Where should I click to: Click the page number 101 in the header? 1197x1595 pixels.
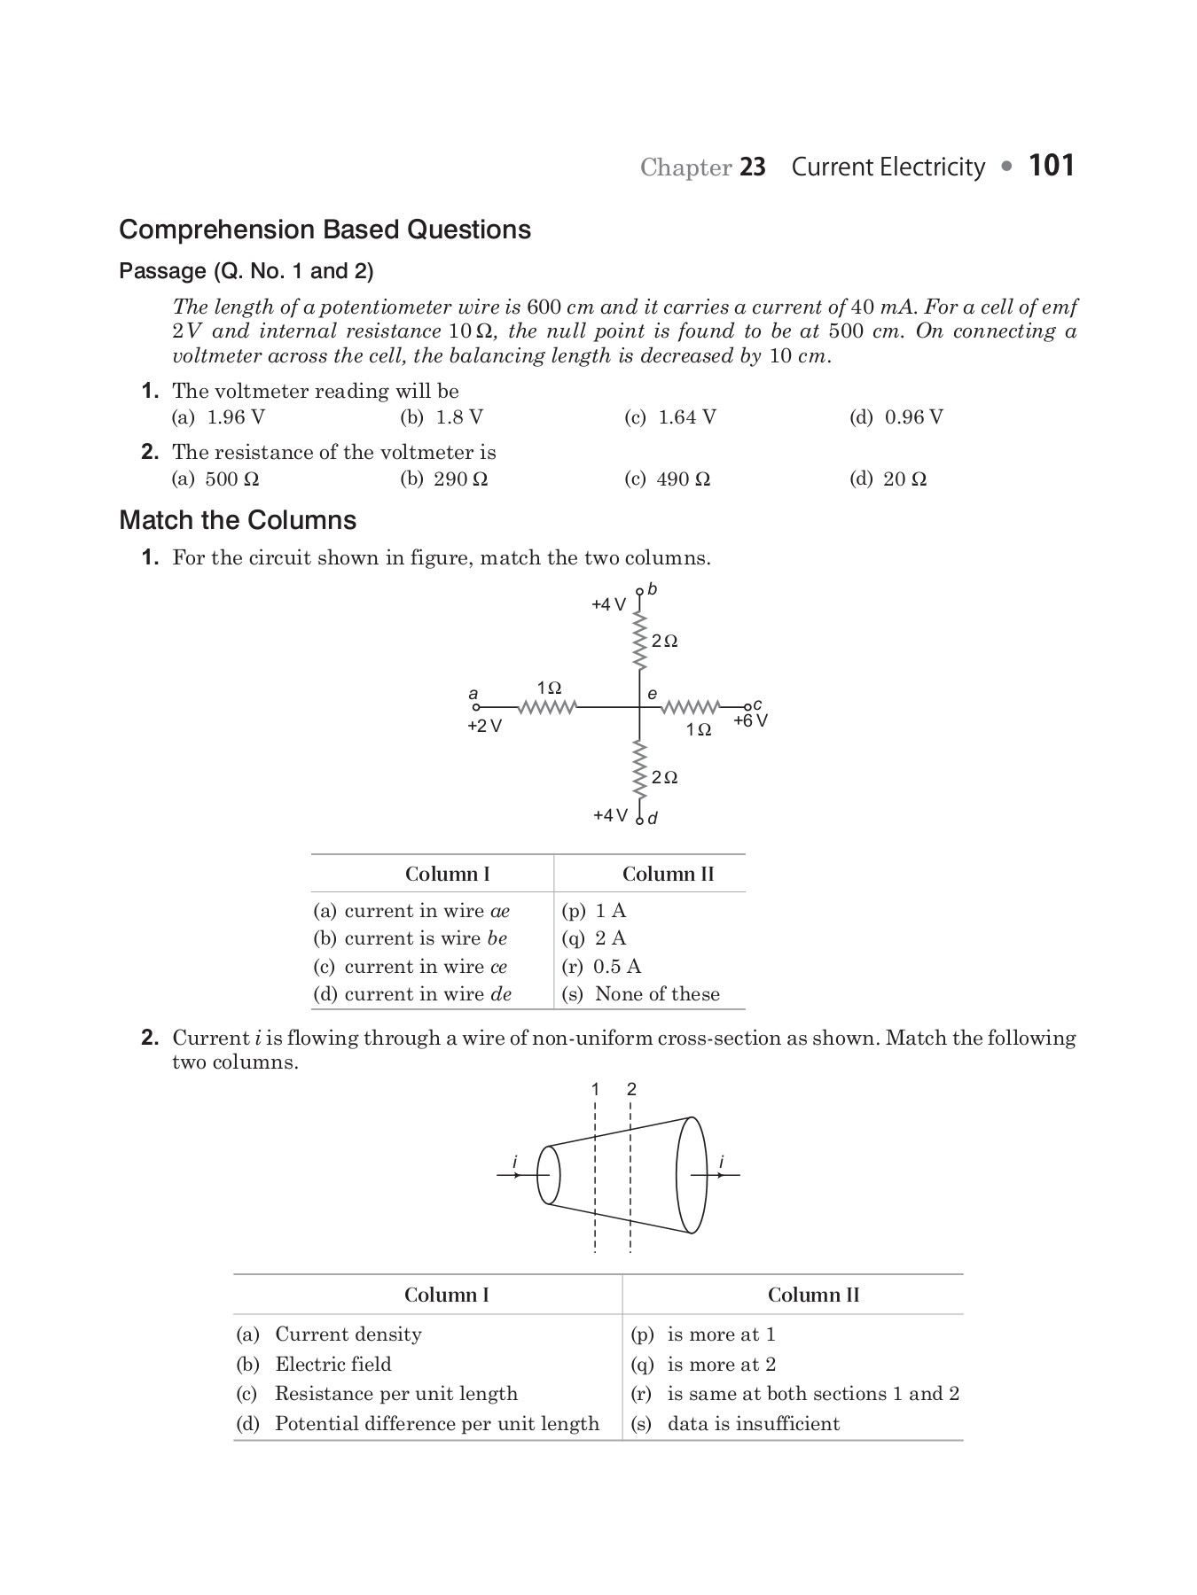(1052, 166)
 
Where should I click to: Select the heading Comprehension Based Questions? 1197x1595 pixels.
(325, 230)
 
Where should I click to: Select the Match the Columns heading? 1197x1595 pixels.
(238, 520)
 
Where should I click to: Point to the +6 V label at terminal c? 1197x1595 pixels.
(750, 721)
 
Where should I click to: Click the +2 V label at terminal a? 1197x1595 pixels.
(484, 727)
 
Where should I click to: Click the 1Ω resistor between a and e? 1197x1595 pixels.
(547, 707)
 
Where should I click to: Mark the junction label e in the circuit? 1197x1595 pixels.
(652, 694)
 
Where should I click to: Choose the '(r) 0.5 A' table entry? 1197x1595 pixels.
(601, 967)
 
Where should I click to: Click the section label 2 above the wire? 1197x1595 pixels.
(631, 1089)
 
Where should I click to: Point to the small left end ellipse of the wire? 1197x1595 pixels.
(549, 1175)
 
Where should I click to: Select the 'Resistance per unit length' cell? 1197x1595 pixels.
(395, 1394)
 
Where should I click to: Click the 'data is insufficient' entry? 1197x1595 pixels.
(752, 1424)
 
